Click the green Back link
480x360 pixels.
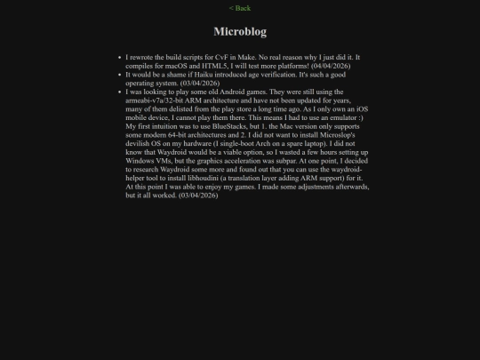[x=240, y=8]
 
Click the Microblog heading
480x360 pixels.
[x=240, y=31]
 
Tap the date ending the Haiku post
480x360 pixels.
[x=203, y=84]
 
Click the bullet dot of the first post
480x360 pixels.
[x=119, y=58]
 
